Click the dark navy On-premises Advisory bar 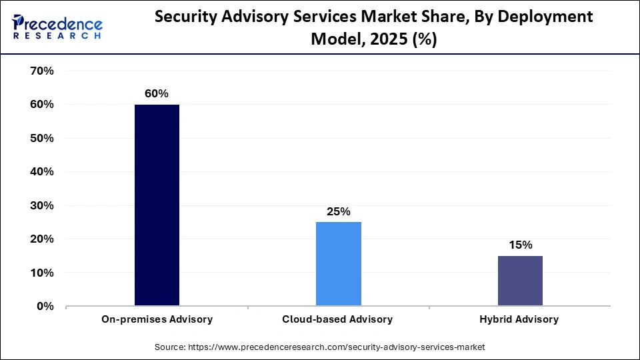coord(157,205)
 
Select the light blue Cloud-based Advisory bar coord(339,264)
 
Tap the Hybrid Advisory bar coord(520,281)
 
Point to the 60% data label coord(157,94)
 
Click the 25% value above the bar coord(339,211)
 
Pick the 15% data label coord(520,245)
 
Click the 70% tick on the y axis coord(41,71)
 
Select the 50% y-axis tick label coord(41,138)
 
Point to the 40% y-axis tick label coord(41,172)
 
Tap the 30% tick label coord(41,205)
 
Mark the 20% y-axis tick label coord(41,239)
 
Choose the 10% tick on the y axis coord(41,273)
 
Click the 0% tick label coord(45,307)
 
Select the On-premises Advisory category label coord(157,319)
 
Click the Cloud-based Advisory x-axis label coord(339,319)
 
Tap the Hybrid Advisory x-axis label coord(520,319)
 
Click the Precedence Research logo coord(57,27)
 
